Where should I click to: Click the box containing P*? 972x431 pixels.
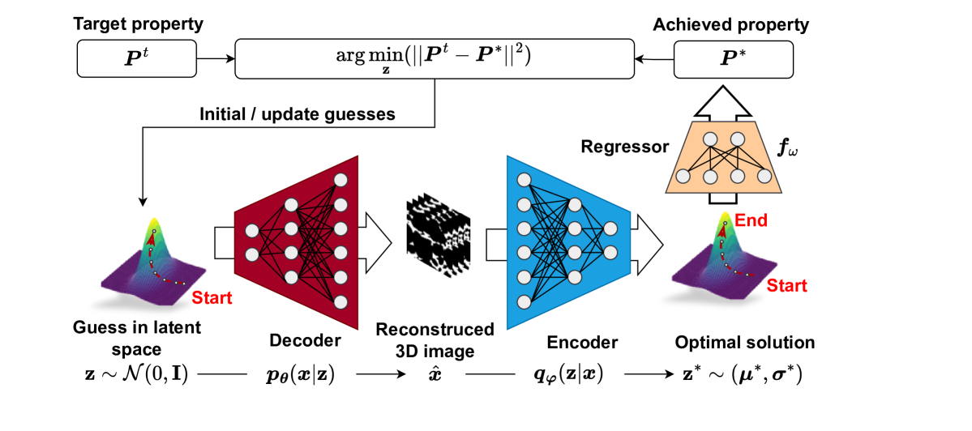click(734, 58)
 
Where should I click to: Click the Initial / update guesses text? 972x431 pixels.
click(297, 114)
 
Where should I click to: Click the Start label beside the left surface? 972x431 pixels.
click(212, 297)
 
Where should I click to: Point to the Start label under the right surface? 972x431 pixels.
click(786, 286)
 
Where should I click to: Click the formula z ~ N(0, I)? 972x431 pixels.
click(131, 376)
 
